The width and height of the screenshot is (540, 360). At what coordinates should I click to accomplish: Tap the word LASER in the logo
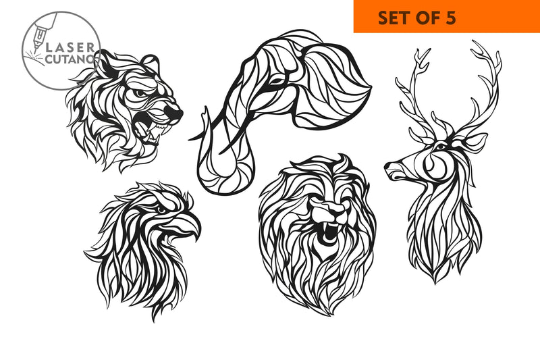coord(70,48)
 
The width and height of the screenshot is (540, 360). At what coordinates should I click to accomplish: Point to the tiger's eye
coord(140,93)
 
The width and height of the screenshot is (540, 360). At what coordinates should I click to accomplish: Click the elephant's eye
coord(276,82)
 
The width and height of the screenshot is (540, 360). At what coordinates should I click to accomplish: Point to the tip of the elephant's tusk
coord(190,139)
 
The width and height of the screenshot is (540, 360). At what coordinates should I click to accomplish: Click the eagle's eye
coord(161,209)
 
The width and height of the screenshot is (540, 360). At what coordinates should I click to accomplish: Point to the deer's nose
coord(387,166)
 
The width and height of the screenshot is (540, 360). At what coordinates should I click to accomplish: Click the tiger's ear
coord(150,63)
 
